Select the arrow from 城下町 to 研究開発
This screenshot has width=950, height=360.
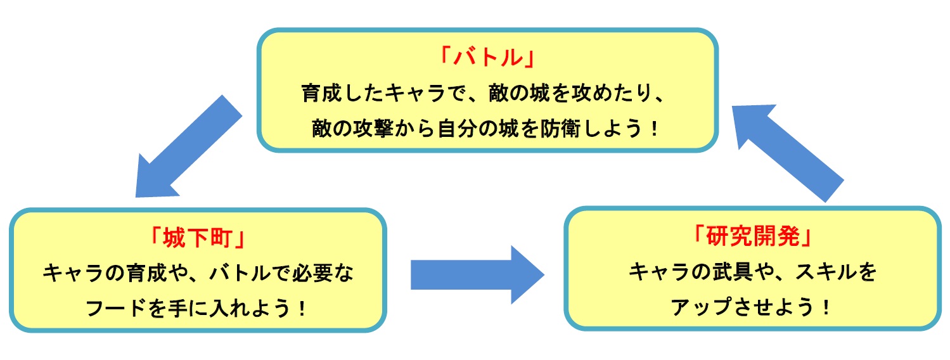477,274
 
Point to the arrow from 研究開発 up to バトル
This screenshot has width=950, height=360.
788,152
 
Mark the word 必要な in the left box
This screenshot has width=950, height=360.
326,274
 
